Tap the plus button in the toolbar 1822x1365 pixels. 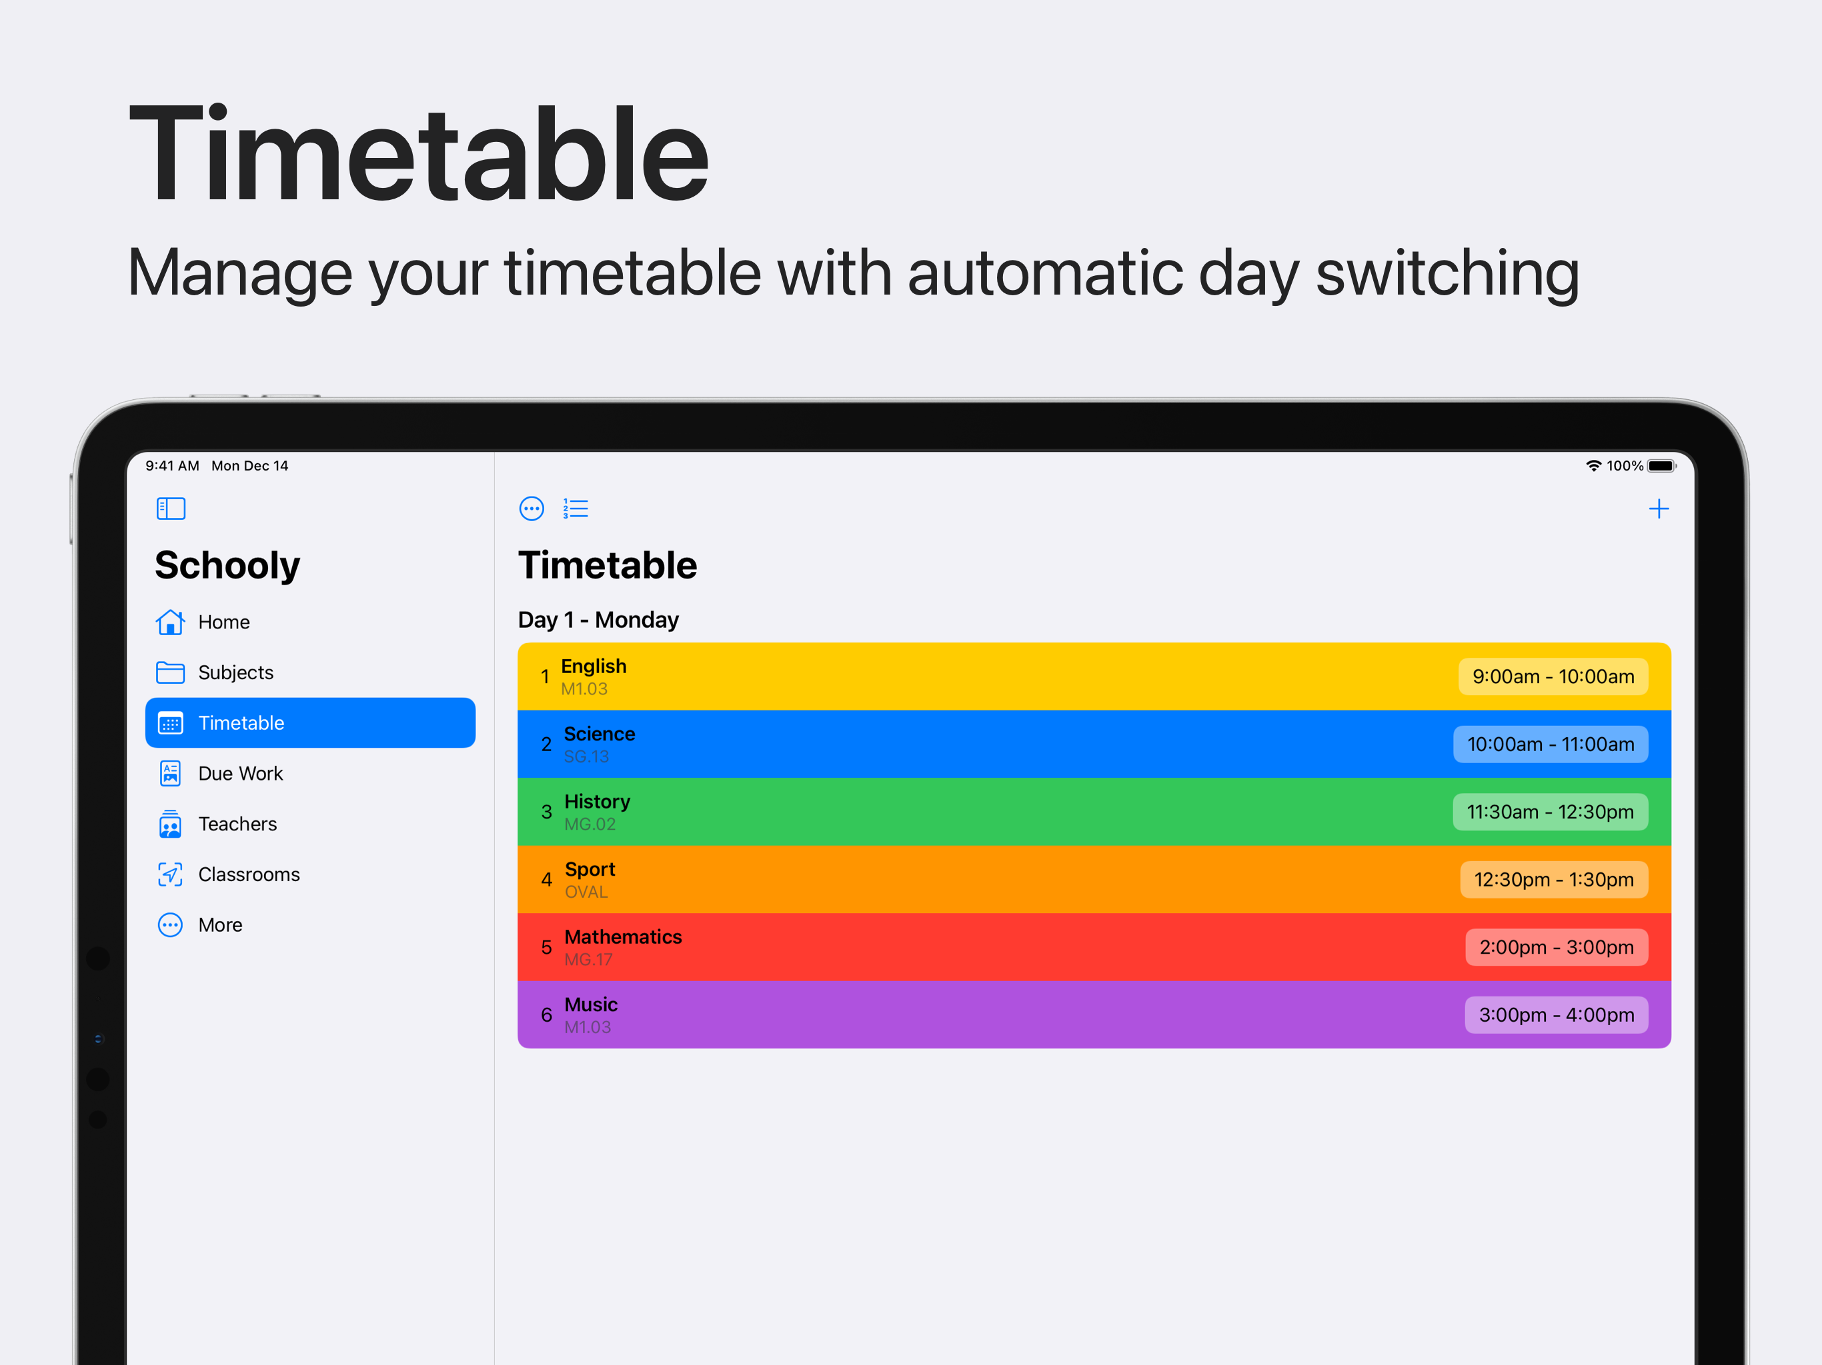point(1658,509)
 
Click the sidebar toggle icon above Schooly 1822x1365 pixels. point(171,509)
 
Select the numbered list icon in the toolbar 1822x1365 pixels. point(575,509)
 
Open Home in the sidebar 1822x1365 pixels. point(203,623)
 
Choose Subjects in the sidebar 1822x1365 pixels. point(214,673)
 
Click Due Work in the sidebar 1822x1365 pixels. point(219,774)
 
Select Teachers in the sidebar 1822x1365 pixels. point(217,824)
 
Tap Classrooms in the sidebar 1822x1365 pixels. point(228,874)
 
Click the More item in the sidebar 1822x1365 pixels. point(199,925)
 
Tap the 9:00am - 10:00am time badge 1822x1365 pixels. point(1553,677)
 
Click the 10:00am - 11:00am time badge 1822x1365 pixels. point(1550,744)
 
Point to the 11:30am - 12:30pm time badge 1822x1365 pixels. point(1550,812)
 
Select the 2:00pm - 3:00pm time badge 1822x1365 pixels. point(1556,947)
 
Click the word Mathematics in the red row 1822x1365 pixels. point(623,937)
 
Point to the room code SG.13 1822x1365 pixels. point(586,756)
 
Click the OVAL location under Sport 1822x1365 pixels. point(586,892)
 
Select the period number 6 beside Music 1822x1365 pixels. point(546,1015)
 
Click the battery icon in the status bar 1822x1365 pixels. point(1661,466)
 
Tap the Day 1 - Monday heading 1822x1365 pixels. point(598,620)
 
